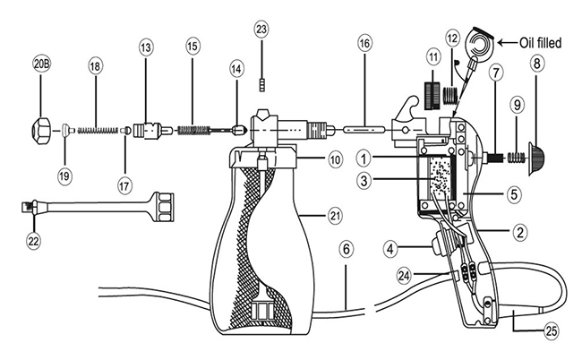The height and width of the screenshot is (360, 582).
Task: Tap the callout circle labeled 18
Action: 96,65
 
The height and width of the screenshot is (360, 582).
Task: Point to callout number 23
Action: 261,29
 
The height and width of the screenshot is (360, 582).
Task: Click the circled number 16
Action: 364,43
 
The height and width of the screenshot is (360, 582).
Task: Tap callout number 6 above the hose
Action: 345,252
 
